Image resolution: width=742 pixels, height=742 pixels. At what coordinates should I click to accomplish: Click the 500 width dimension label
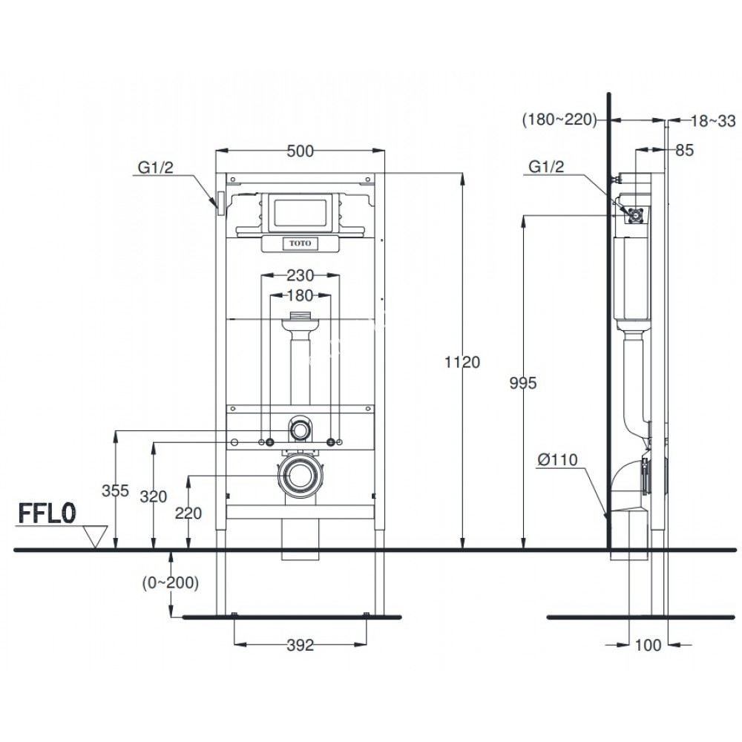pos(299,151)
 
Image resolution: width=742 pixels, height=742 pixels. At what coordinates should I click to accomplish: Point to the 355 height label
pos(116,490)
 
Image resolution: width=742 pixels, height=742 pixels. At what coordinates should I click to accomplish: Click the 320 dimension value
pos(154,498)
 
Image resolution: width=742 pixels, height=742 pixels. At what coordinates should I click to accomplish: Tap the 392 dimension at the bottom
pos(300,646)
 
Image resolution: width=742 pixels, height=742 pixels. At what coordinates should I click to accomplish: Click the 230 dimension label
pos(299,275)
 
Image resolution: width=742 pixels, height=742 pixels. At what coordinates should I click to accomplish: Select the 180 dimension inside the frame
pos(299,295)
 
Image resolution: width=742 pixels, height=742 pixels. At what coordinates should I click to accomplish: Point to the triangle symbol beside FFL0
pos(95,536)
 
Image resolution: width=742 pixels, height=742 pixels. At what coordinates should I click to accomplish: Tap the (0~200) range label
pos(170,583)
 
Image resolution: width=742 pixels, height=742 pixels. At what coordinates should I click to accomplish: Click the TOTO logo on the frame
pos(300,243)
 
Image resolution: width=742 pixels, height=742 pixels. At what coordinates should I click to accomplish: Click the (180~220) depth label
pos(560,119)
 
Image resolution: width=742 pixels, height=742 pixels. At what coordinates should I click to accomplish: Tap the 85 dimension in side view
pos(683,151)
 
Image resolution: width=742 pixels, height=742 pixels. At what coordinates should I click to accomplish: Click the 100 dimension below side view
pos(649,646)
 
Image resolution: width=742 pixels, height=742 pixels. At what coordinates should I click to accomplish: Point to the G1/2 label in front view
pos(156,168)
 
